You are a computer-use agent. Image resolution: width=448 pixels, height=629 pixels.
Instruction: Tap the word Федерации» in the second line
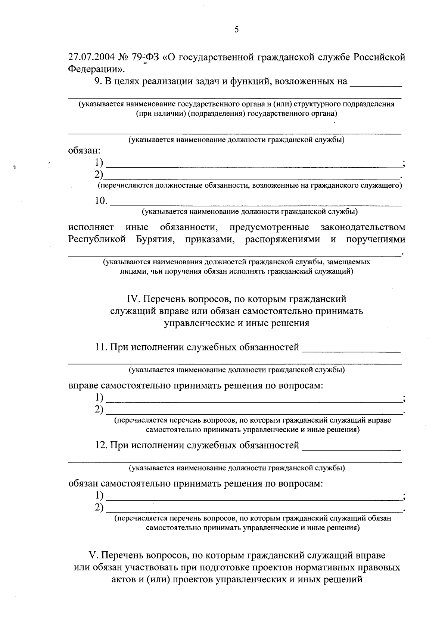(97, 69)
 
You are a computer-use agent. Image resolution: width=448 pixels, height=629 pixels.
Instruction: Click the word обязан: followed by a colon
(84, 150)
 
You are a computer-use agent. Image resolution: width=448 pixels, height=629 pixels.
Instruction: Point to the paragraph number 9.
(98, 81)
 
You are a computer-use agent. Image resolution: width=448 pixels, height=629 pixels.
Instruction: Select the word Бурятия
(154, 239)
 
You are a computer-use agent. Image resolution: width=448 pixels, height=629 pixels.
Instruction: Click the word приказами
(209, 239)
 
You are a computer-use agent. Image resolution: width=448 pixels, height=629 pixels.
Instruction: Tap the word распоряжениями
(282, 239)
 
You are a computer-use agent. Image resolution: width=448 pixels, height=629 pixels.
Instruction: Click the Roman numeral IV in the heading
(133, 299)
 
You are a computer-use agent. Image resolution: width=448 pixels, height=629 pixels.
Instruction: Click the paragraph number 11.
(101, 347)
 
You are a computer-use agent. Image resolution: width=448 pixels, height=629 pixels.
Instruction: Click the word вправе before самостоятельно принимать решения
(83, 385)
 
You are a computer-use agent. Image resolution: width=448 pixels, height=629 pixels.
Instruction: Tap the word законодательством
(363, 227)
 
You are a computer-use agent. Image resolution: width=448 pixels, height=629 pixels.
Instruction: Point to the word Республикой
(97, 239)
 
